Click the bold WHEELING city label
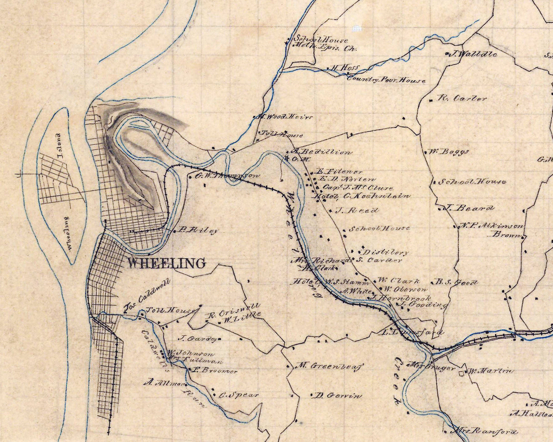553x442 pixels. point(166,263)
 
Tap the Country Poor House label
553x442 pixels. point(386,80)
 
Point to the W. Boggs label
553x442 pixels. point(448,152)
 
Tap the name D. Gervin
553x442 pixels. point(338,395)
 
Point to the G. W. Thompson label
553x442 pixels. point(227,175)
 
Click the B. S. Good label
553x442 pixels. point(457,282)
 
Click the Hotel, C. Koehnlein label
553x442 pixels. point(362,196)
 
